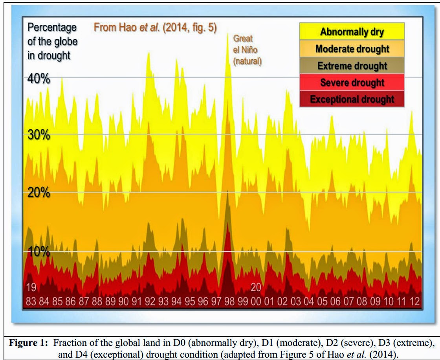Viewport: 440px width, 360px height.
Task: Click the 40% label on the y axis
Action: point(39,79)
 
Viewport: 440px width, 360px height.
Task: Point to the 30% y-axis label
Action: point(39,135)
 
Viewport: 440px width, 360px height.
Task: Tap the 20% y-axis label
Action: point(39,193)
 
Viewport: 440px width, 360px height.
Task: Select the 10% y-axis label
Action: point(39,251)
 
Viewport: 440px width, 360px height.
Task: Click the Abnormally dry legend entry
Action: point(352,31)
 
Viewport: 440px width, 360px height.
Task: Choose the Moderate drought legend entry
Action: point(352,49)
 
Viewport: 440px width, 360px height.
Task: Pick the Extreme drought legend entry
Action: point(352,65)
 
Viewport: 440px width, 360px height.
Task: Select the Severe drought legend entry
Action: point(352,82)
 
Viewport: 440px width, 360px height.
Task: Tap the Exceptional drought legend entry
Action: point(352,99)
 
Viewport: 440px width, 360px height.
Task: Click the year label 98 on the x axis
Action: point(229,301)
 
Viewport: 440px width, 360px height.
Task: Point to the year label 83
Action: point(31,301)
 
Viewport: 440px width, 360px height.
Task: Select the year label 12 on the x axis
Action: point(415,301)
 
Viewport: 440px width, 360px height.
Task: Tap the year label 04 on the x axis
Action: point(309,301)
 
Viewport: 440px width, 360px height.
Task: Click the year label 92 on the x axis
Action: point(150,301)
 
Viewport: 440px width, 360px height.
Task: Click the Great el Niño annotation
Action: point(247,50)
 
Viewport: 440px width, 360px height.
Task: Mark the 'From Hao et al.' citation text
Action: point(155,28)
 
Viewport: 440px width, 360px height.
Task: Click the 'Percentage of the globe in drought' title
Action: point(53,41)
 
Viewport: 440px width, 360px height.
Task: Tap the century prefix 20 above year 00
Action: point(256,287)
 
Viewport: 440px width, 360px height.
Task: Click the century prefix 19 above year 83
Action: point(31,287)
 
